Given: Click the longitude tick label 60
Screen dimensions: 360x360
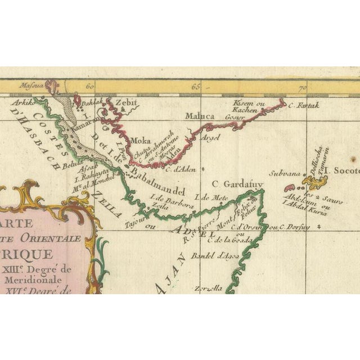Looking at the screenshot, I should coord(91,87).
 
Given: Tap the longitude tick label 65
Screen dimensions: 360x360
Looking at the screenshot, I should coord(196,87).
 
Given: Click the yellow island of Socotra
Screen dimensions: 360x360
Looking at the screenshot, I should coord(315,182).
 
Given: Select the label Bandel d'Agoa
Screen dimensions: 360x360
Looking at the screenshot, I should coord(211,256).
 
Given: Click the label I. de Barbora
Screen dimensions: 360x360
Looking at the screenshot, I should coord(166,198).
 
